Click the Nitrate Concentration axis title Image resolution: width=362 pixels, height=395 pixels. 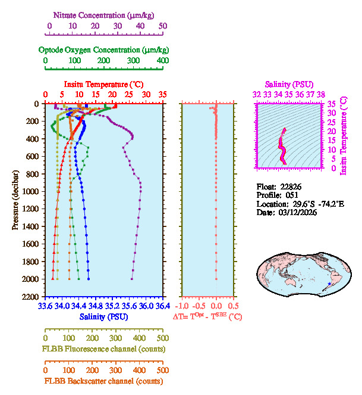[x=106, y=14]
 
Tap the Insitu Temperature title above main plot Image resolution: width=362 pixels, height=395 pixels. [x=103, y=84]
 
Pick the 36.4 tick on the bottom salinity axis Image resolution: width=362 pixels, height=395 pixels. [x=162, y=307]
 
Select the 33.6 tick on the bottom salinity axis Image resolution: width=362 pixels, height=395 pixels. [x=46, y=307]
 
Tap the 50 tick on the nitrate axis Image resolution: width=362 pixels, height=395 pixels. [x=163, y=26]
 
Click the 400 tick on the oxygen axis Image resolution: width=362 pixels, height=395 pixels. [x=163, y=61]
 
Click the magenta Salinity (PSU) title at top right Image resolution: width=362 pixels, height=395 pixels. [x=288, y=85]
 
